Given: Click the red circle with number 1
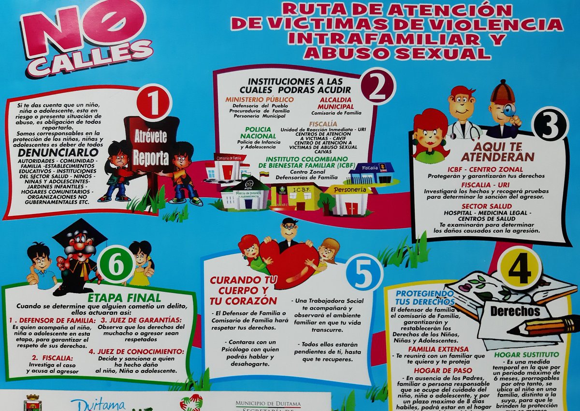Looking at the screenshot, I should pyautogui.click(x=153, y=103).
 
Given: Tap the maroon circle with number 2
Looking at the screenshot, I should pyautogui.click(x=377, y=86).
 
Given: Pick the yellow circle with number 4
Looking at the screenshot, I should pyautogui.click(x=520, y=267).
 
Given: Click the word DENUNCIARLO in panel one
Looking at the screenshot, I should pyautogui.click(x=51, y=152).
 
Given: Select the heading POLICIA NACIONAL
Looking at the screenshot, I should pyautogui.click(x=261, y=133).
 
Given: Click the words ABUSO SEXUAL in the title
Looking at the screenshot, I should pyautogui.click(x=396, y=52).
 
